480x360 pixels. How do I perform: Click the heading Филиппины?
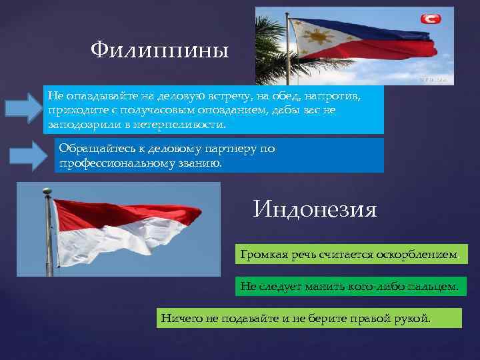159,49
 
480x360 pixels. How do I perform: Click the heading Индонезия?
315,210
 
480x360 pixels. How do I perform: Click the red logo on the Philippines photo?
430,19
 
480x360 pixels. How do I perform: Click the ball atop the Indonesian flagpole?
47,191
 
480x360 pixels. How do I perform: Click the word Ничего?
181,317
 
